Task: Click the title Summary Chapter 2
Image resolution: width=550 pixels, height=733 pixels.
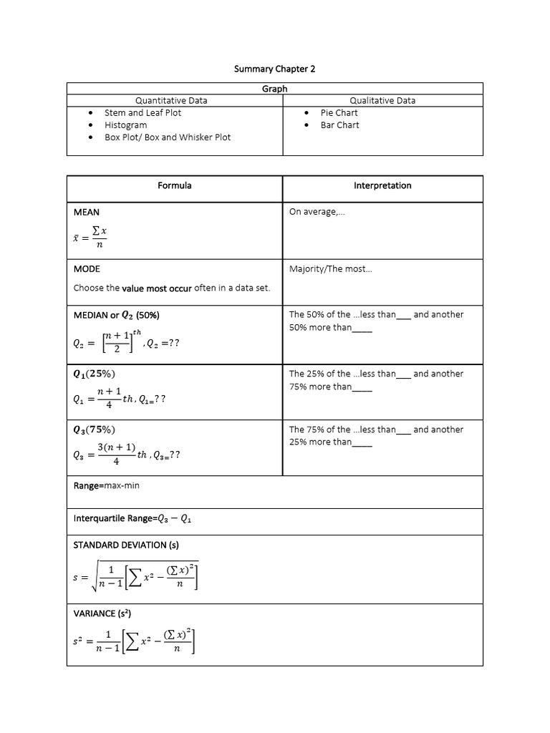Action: point(275,69)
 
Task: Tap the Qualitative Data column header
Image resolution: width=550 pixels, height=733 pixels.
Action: point(382,101)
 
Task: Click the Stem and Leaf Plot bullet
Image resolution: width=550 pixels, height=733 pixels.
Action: point(143,113)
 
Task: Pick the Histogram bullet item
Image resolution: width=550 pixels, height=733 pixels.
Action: point(125,125)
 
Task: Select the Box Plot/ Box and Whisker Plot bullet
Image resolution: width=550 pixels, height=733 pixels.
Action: point(168,137)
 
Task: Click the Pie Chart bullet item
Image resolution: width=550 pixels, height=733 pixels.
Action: point(339,113)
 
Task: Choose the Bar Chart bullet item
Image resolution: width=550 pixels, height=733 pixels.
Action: point(339,125)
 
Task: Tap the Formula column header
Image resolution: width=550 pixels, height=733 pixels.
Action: point(175,186)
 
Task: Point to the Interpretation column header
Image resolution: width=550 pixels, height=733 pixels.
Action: point(382,186)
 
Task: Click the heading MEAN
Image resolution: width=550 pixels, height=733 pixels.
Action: point(87,213)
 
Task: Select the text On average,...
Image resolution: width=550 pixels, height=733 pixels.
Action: point(317,213)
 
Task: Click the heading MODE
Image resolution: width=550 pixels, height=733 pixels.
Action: point(87,269)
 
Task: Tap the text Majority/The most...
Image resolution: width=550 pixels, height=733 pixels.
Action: point(330,269)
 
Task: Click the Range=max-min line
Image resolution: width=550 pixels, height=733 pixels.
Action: point(106,486)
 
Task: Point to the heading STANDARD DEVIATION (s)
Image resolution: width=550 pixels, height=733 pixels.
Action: point(126,545)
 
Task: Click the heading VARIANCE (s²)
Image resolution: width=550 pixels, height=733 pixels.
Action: point(102,613)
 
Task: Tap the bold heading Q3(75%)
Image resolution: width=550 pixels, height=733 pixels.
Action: point(95,429)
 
